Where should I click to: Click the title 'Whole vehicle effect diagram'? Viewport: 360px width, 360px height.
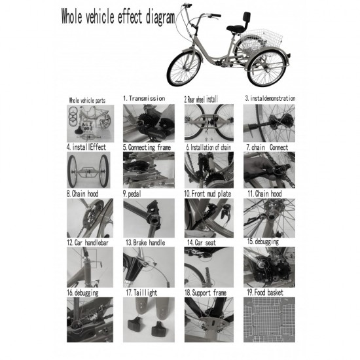coord(118,16)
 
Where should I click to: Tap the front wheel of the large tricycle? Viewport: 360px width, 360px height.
coord(184,69)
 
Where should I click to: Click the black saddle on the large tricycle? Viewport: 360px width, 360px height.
coord(234,28)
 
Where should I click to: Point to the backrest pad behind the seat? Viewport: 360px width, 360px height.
coord(247,16)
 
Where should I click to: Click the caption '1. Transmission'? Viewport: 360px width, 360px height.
coord(144,99)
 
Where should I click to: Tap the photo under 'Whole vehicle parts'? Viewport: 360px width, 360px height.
coord(90,124)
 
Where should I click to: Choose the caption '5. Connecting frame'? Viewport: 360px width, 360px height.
coord(147,147)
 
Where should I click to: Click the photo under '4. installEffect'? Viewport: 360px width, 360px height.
coord(88,170)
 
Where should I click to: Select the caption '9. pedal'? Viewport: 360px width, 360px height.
coord(132,194)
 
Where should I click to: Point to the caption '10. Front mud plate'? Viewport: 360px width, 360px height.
coord(207,194)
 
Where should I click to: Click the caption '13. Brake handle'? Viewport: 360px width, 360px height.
coord(145,242)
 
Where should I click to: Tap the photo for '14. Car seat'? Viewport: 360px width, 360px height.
coord(209,267)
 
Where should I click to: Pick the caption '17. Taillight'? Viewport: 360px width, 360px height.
coord(141,293)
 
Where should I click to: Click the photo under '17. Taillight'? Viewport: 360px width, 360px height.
coord(149,319)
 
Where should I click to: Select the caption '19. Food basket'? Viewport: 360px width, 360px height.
coord(265,293)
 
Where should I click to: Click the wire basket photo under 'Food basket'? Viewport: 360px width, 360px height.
coord(269,319)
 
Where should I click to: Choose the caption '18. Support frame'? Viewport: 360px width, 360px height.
coord(206,293)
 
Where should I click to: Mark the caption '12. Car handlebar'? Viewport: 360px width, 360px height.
coord(88,242)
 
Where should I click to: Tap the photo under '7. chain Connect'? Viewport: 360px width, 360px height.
coord(269,170)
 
